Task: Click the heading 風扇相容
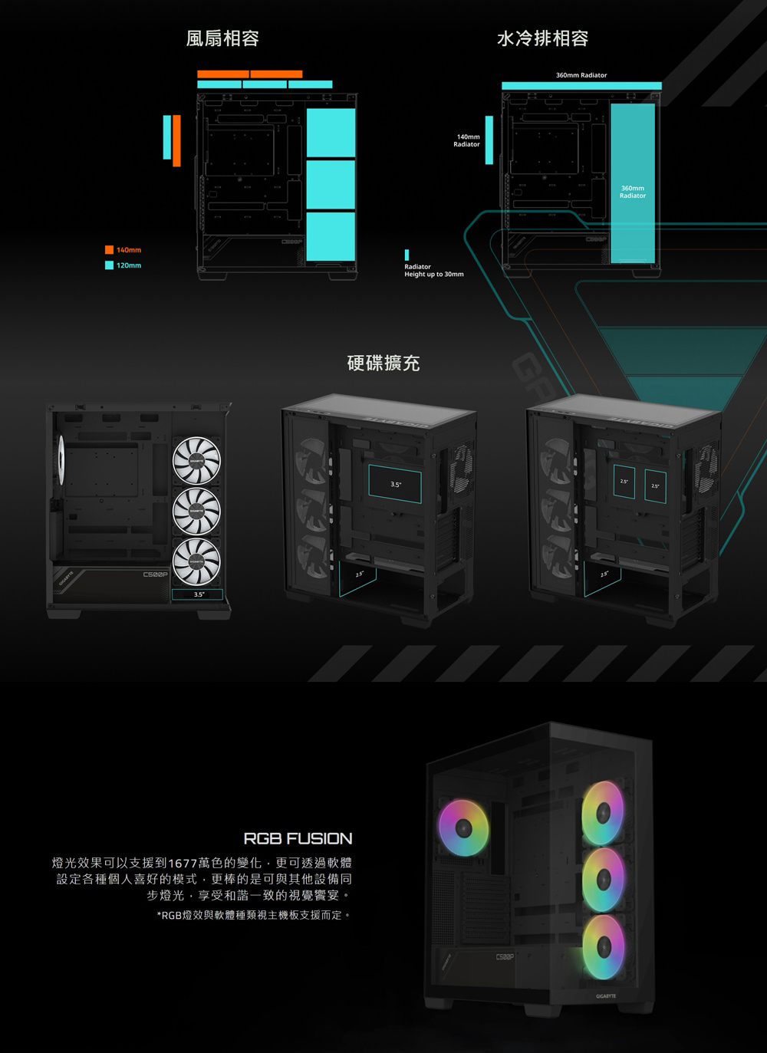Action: [x=222, y=38]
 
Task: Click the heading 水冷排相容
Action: [x=542, y=38]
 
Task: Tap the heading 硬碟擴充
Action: [x=383, y=363]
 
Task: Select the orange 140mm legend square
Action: [x=110, y=250]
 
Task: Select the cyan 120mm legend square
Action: [x=110, y=265]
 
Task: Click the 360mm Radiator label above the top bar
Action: [x=581, y=75]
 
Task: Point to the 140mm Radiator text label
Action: [x=467, y=140]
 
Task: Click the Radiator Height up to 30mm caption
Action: [x=433, y=270]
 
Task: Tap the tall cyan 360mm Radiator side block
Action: [x=633, y=184]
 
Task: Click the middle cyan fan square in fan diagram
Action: [x=331, y=184]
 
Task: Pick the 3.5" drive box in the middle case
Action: [x=395, y=485]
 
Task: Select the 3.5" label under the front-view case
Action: [x=198, y=594]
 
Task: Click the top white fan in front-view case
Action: [x=197, y=459]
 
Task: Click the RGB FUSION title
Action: [x=298, y=838]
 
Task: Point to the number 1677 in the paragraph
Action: [x=182, y=863]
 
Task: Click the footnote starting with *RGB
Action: [x=253, y=915]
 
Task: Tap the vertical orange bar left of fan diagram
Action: [x=176, y=140]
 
